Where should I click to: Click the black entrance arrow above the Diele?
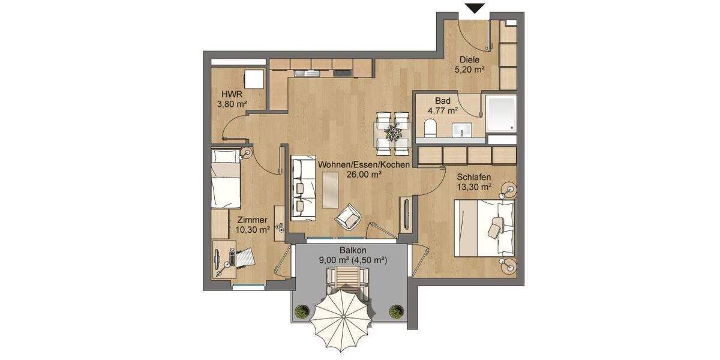(x=476, y=8)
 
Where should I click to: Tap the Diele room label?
(x=470, y=60)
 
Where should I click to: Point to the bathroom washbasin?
(x=461, y=128)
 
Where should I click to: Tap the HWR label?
(x=232, y=95)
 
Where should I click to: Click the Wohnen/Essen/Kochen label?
(x=364, y=164)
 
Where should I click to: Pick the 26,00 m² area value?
(x=364, y=175)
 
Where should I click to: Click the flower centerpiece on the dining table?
(x=393, y=131)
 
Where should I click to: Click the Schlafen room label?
(x=474, y=178)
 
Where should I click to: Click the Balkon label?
(x=352, y=251)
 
